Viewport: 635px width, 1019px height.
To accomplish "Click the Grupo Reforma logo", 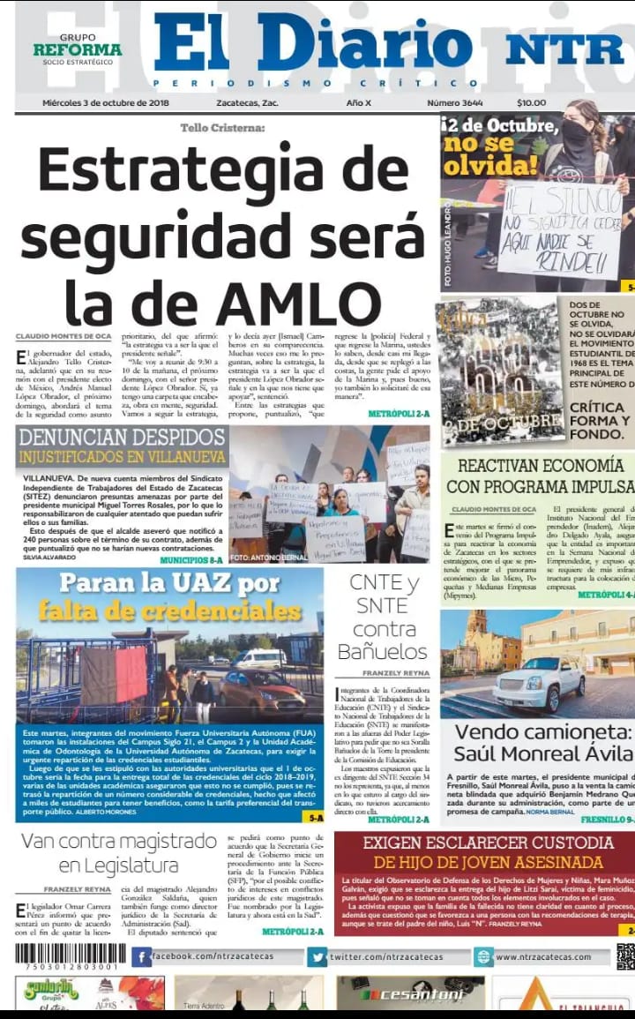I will click(x=78, y=49).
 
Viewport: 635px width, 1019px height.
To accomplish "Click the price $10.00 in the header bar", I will click(x=532, y=102).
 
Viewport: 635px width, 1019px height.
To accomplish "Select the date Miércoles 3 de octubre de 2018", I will click(x=106, y=102).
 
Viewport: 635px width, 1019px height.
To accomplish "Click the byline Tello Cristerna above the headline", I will click(x=222, y=128).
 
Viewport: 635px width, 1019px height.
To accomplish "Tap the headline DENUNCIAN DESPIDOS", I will click(x=122, y=438).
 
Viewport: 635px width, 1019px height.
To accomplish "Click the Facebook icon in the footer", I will click(x=141, y=957).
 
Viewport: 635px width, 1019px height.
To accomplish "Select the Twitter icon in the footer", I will click(x=317, y=957).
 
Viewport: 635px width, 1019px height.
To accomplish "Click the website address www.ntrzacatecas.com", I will click(x=542, y=957).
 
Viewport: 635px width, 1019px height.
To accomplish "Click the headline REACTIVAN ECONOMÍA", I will click(x=540, y=465).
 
